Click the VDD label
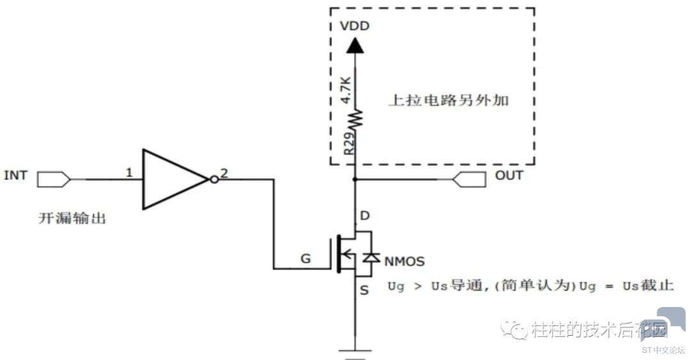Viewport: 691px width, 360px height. coord(354,26)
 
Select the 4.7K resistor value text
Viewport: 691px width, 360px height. coord(346,90)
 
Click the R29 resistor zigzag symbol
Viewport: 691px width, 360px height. coord(355,119)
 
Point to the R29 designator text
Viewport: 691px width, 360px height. coord(349,143)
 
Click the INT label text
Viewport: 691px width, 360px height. coord(15,175)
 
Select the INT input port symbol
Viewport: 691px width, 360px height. coord(54,179)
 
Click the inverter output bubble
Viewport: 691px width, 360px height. coord(214,179)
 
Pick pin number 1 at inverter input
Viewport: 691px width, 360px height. coord(129,172)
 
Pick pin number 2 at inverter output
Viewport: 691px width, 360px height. coord(225,173)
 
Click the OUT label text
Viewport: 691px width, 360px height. coord(509,175)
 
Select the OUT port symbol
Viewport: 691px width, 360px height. coord(470,179)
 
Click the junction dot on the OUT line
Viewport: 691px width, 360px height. coord(354,179)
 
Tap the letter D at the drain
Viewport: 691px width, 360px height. coord(365,215)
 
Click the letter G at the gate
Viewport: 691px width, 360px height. coord(305,258)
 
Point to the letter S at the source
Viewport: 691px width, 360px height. coord(364,290)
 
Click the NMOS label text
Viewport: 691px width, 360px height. coord(404,262)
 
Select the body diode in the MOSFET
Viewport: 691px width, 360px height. coord(372,257)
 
